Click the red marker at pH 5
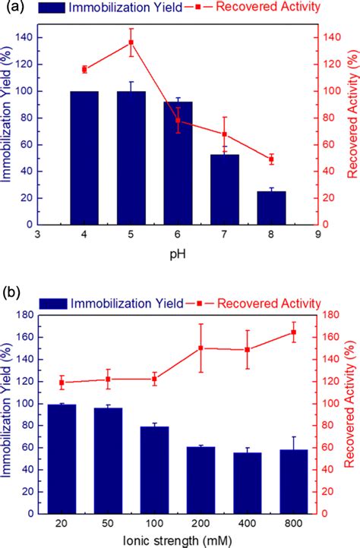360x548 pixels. point(131,43)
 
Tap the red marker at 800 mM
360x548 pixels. point(293,332)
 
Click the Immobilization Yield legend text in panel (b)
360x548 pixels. point(126,303)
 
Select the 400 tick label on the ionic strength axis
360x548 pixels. point(248,525)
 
